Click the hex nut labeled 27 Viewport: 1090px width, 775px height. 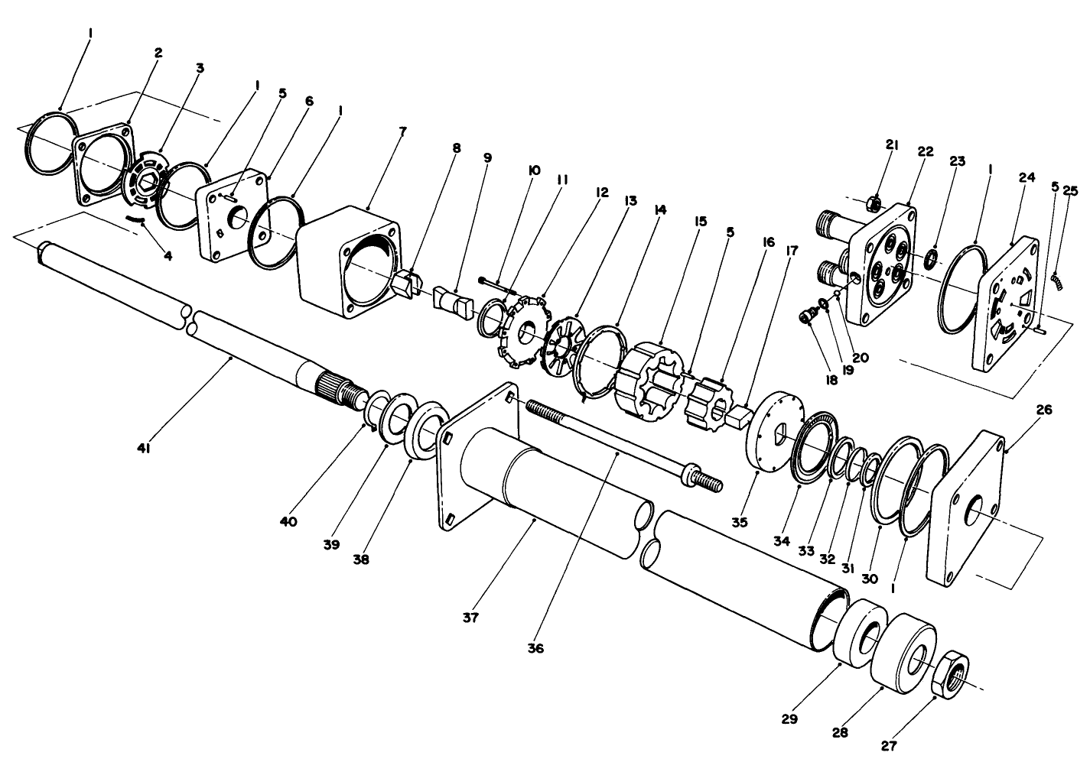(950, 673)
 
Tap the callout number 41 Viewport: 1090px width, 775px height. (143, 449)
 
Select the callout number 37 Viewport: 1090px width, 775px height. (470, 618)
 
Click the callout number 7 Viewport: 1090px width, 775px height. (402, 131)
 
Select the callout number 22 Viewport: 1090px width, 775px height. (926, 151)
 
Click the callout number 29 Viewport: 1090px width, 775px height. (789, 719)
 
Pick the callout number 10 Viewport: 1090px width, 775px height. (534, 170)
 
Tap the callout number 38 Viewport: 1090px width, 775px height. (361, 559)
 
